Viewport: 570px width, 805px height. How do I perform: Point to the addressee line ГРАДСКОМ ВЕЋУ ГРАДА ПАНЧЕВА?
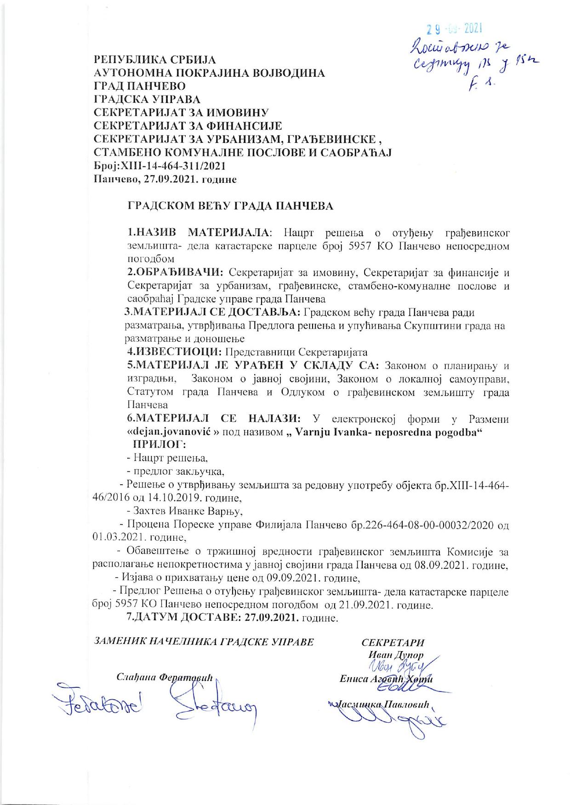pos(230,206)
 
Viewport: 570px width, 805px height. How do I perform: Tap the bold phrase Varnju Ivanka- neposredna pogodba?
pos(388,432)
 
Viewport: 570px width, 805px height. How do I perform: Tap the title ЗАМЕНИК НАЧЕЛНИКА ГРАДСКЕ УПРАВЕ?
pos(204,641)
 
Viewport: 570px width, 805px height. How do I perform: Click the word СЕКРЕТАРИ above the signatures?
pos(393,642)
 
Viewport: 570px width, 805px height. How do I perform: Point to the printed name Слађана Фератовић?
pos(164,677)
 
